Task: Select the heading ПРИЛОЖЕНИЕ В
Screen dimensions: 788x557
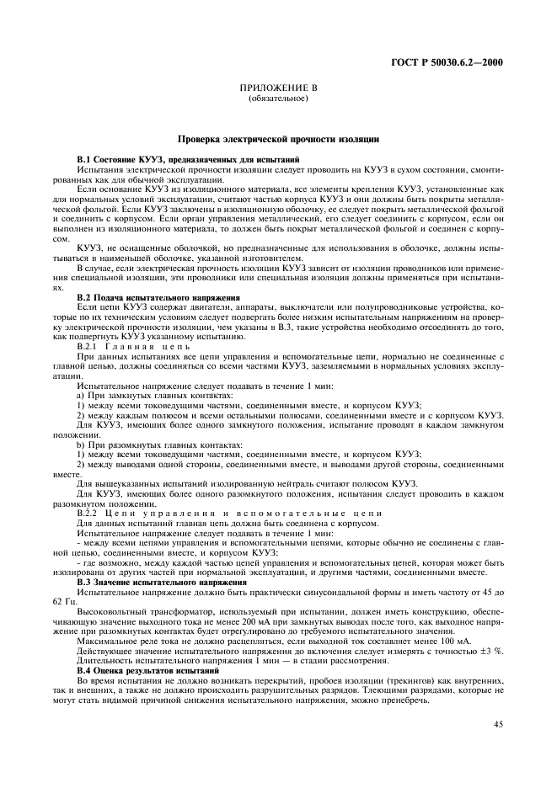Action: click(278, 88)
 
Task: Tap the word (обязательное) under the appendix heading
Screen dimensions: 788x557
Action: click(278, 98)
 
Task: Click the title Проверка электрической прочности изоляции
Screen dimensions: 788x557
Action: click(278, 138)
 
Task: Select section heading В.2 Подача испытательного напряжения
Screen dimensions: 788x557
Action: click(158, 298)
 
